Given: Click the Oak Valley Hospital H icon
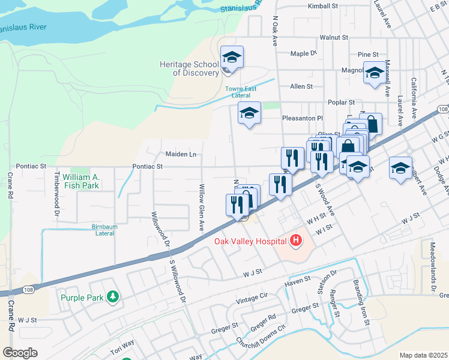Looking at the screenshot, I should pos(295,241).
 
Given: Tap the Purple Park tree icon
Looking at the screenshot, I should pos(112,297).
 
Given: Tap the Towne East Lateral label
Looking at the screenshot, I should pos(238,92).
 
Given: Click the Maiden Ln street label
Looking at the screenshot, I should pos(181,154).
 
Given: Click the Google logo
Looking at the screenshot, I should pos(20,353).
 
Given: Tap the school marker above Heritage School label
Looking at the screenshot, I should pos(232,57).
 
